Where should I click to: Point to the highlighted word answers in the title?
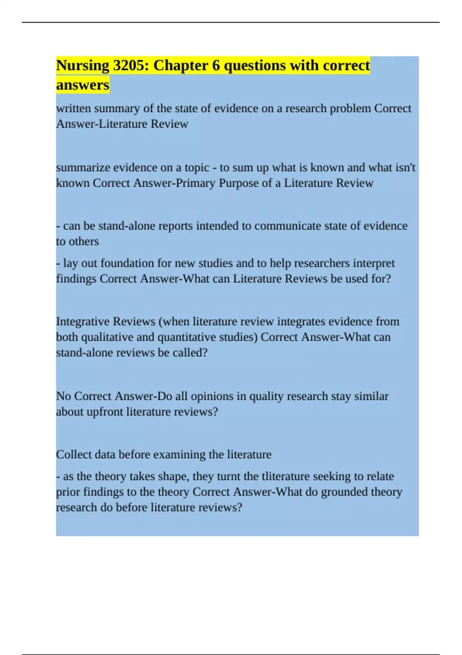83,85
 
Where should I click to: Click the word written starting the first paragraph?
73,109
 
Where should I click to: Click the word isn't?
405,168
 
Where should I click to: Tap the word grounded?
344,492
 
